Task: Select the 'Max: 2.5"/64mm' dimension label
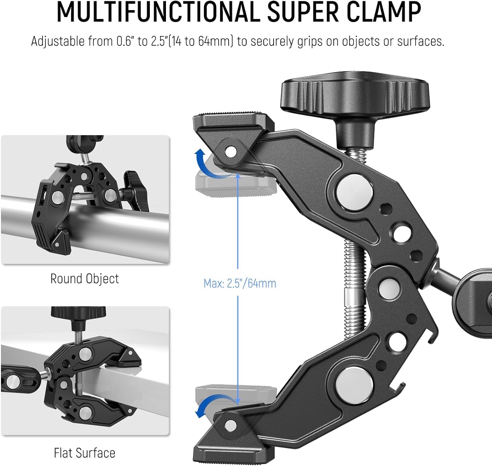(x=240, y=283)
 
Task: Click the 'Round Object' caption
(x=84, y=279)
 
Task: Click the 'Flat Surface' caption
(x=84, y=453)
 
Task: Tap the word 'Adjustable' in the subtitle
(x=58, y=42)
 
